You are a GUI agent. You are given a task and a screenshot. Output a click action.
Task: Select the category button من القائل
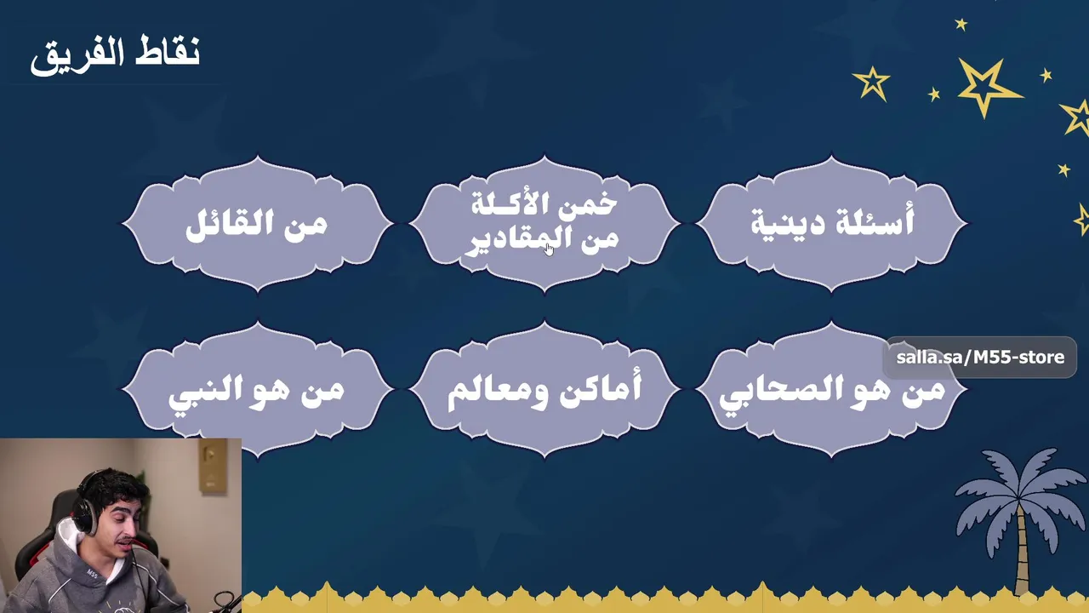258,224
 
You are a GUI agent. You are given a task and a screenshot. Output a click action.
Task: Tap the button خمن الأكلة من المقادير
544,224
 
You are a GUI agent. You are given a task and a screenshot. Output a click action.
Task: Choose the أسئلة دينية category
831,224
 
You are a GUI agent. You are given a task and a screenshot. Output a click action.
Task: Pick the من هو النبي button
258,389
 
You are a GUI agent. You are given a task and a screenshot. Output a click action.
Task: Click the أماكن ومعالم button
544,389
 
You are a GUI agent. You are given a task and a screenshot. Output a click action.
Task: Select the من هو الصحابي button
831,389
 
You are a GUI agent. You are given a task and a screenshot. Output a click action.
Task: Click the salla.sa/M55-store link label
980,358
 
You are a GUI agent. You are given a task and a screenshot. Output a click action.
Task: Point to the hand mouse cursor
550,249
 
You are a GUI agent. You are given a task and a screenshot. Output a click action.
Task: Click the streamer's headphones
85,511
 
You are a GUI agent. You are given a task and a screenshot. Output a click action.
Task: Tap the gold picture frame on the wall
213,466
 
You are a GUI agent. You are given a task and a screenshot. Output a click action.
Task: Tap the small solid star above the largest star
961,25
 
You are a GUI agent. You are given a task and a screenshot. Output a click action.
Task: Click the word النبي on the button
200,393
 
